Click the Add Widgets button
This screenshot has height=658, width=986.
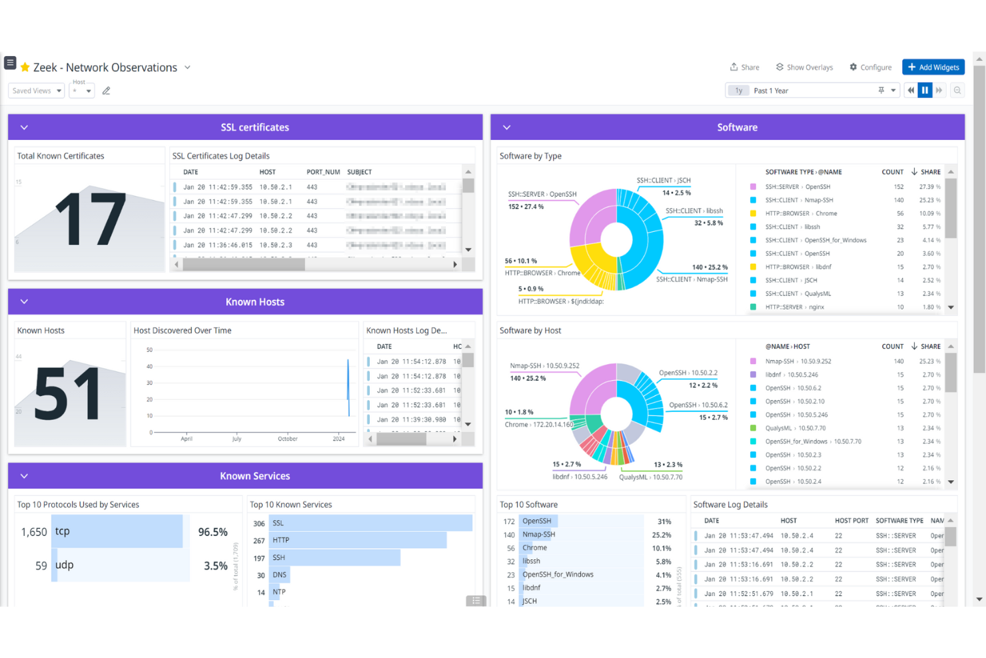tap(933, 67)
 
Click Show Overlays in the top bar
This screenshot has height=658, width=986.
tap(804, 67)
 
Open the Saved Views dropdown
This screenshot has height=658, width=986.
tap(37, 91)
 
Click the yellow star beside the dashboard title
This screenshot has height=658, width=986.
tap(25, 67)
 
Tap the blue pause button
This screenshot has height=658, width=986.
tap(925, 90)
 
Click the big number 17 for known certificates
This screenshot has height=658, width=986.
tap(90, 219)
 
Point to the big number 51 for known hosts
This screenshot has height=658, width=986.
tap(67, 395)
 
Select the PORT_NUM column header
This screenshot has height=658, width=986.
tap(323, 172)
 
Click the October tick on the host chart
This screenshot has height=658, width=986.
tap(288, 439)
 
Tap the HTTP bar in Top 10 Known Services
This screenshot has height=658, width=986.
tap(358, 540)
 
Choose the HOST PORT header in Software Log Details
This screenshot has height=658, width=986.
tap(851, 521)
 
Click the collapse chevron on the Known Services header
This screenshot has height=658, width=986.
tap(24, 476)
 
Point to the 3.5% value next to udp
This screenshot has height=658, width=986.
tap(215, 566)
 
